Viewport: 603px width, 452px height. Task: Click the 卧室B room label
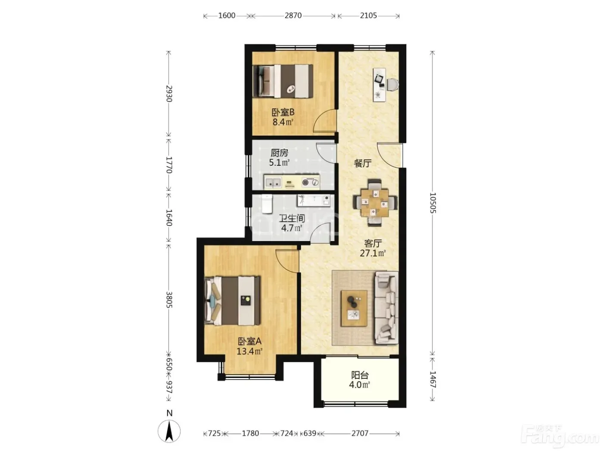tap(283, 112)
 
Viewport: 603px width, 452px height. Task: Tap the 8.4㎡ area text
tap(283, 122)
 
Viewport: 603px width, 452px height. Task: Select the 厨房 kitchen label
tap(279, 152)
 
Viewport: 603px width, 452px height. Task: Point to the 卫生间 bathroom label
tap(292, 218)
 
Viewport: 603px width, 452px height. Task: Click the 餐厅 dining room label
tap(363, 163)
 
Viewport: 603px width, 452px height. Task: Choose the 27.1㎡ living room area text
tap(373, 253)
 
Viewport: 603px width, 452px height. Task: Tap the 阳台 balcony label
tap(360, 375)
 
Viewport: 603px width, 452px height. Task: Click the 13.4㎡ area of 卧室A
tap(249, 351)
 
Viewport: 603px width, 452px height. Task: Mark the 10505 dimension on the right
tap(433, 203)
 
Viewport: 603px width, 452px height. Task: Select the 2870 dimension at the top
tap(293, 15)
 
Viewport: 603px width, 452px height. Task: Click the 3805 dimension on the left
tap(169, 300)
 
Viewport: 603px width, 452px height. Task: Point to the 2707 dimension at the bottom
tap(360, 433)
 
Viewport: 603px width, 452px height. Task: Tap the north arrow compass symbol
tap(169, 431)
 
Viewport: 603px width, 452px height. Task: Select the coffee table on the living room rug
tap(354, 308)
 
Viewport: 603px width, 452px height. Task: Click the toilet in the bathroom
tap(267, 204)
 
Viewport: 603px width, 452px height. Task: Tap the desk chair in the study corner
tap(393, 84)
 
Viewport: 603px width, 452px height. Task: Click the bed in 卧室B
tap(283, 81)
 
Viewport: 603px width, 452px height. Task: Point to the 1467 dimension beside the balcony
tap(433, 380)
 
